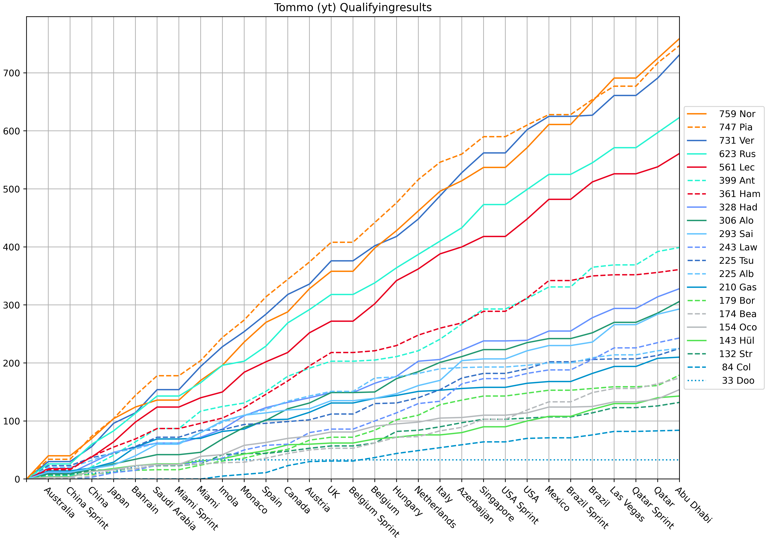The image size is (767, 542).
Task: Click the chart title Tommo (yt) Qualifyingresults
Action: click(353, 7)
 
